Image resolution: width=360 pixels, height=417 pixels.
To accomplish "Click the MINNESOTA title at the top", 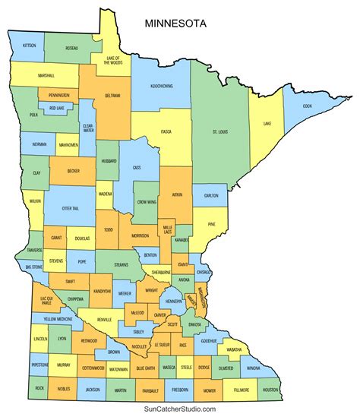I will coord(175,24).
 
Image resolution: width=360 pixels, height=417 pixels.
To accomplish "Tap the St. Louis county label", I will coord(221,131).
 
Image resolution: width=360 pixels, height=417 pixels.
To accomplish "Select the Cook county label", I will coord(306,106).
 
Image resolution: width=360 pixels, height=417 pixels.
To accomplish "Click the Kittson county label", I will coord(29,46).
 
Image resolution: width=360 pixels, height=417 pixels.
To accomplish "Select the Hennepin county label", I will coord(173,302).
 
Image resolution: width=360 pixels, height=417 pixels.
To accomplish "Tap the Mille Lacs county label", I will coord(168,229).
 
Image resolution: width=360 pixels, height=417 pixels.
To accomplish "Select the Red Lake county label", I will coord(57,109).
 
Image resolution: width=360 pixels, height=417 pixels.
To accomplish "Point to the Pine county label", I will coord(211,224).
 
